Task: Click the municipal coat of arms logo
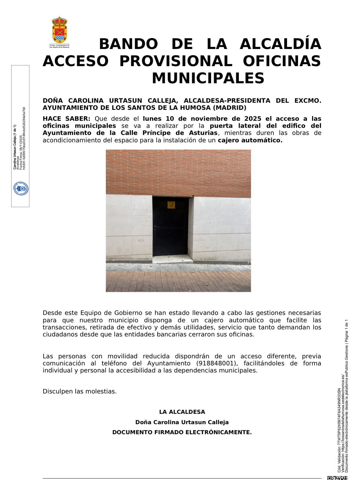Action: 59,31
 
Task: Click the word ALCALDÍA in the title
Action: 280,44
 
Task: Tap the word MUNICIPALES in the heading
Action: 208,79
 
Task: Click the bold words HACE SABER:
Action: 66,119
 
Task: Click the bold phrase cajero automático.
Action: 250,140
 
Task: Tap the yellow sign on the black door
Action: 171,205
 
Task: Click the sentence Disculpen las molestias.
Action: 80,391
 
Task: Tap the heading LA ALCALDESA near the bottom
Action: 182,412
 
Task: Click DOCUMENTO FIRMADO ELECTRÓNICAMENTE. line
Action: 182,432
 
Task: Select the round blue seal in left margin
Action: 21,188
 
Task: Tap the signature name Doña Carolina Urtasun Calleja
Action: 182,422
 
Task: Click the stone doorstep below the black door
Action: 172,259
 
